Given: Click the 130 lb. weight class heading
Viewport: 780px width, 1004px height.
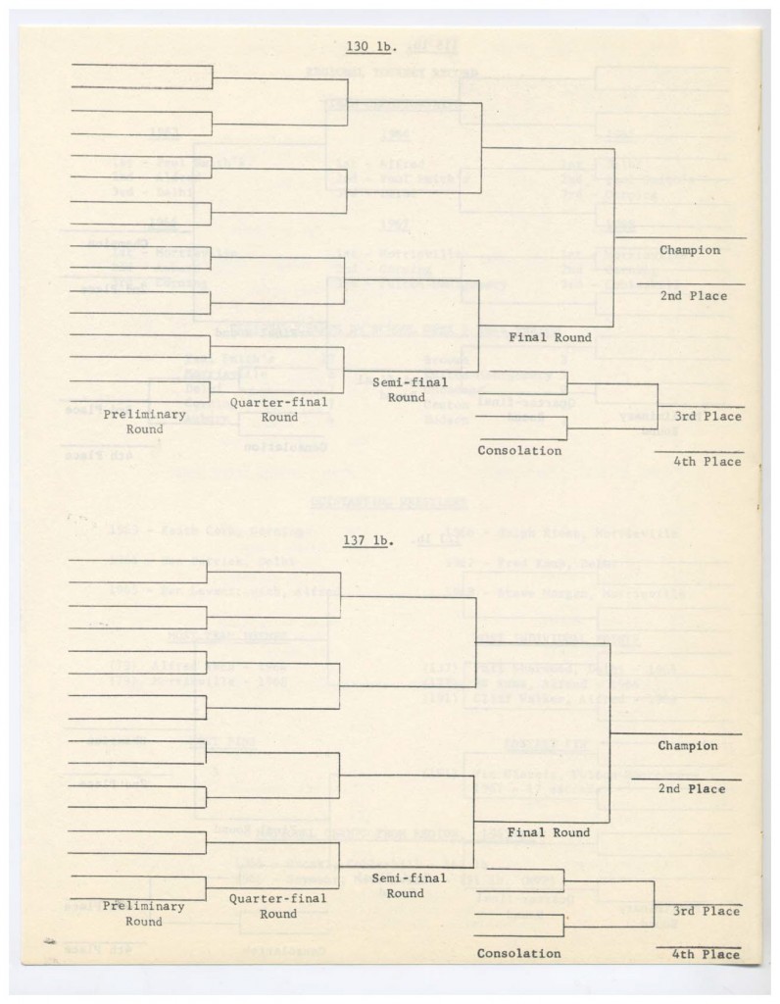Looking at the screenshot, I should pos(368,46).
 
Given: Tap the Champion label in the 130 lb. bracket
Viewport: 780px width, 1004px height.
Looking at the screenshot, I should pos(690,250).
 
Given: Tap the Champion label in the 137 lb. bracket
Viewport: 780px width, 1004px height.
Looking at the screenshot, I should pos(689,746).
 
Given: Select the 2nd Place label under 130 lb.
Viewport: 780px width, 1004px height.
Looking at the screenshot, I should pos(694,295).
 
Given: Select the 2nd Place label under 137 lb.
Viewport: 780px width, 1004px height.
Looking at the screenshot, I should pos(693,789).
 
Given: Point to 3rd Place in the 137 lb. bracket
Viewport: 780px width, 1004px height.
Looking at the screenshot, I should pos(706,912).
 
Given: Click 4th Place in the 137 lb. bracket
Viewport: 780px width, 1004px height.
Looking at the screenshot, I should pos(706,954).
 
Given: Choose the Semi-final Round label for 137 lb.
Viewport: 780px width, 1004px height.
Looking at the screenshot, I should pos(406,885).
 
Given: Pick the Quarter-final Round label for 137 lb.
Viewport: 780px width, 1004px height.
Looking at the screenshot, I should pos(278,906).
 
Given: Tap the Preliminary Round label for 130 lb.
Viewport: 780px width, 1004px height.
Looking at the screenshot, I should pos(144,422).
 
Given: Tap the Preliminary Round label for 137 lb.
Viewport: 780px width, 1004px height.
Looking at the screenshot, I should pos(144,914).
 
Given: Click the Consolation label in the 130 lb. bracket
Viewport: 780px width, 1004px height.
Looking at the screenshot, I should pos(519,451).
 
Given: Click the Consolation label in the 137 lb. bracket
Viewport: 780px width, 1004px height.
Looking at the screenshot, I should pos(519,954).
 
